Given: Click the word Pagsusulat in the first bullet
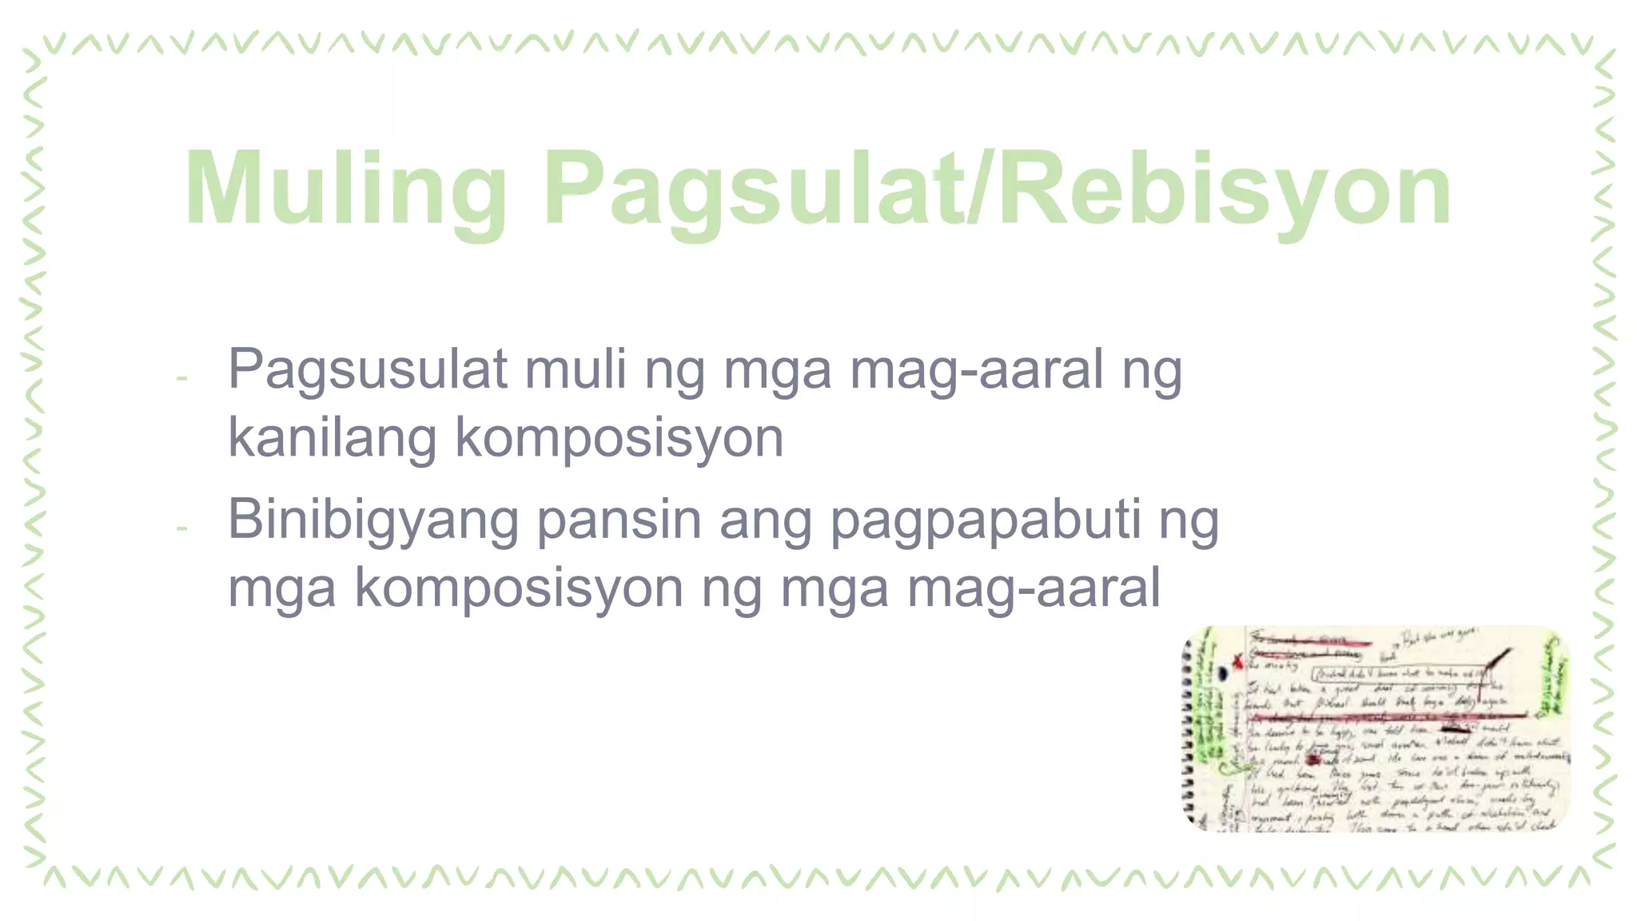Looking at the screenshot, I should pos(368,369).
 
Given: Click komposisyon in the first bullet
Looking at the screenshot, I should pos(619,437).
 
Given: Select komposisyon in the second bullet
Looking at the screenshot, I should pos(519,588).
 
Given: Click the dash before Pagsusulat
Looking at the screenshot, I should pos(182,377).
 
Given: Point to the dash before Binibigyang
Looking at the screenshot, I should pos(182,528).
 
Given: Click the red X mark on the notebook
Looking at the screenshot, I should pos(1238,661).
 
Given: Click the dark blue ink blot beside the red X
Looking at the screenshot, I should pos(1223,673).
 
